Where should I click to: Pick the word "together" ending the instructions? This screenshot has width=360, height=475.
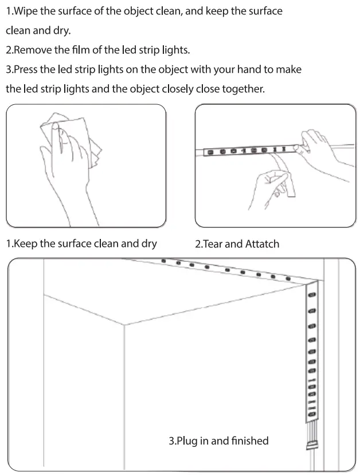tap(244, 89)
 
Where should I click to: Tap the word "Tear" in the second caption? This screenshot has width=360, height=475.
tap(214, 244)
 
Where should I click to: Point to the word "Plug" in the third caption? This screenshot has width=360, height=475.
tap(187, 441)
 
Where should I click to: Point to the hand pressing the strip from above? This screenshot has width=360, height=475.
tap(318, 146)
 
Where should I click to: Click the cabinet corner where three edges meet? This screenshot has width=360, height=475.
tap(125, 325)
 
